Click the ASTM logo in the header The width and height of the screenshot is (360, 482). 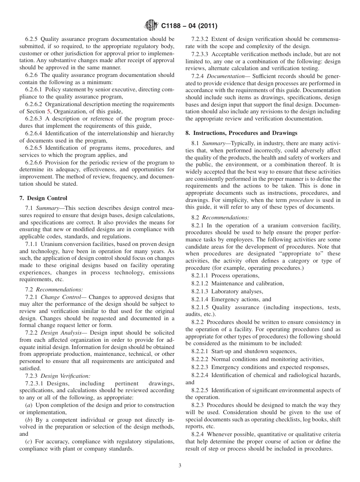tap(152, 26)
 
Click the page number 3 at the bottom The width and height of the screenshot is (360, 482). tap(180, 466)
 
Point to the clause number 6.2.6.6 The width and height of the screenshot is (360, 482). tap(35, 163)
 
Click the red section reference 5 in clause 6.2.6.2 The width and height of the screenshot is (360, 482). tap(48, 111)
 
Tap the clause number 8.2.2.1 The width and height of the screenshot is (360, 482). tap(201, 351)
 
